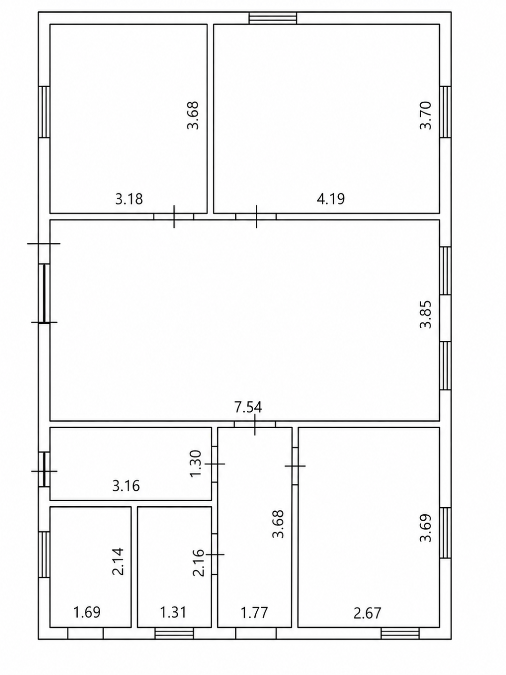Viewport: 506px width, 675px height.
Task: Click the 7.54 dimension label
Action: click(x=248, y=407)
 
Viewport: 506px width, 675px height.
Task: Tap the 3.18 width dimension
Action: click(x=129, y=199)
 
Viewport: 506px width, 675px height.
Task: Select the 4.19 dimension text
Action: click(x=331, y=199)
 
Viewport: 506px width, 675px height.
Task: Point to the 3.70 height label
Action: click(x=426, y=115)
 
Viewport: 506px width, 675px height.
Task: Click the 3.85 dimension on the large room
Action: click(x=426, y=314)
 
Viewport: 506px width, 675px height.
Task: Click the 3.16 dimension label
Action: click(x=126, y=486)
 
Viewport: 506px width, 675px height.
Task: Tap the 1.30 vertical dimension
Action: click(x=195, y=464)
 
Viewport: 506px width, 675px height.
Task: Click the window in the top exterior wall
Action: click(x=273, y=18)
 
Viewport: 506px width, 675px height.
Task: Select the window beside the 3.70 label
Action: click(x=445, y=112)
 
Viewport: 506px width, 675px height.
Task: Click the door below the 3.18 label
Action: click(x=173, y=217)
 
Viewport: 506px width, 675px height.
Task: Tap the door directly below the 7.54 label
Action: click(x=255, y=424)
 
